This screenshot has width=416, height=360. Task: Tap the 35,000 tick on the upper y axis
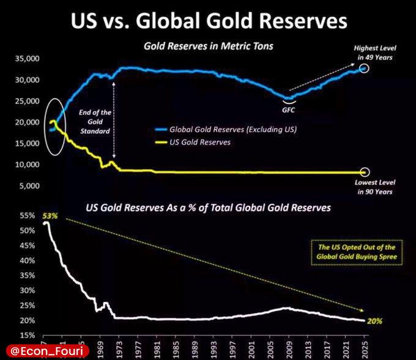tap(26, 59)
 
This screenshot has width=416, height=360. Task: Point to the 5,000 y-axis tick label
tap(29, 186)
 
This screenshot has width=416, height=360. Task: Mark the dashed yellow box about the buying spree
tap(356, 251)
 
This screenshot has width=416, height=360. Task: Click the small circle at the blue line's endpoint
tap(365, 69)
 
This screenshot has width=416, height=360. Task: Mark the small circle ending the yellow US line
tap(365, 173)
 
